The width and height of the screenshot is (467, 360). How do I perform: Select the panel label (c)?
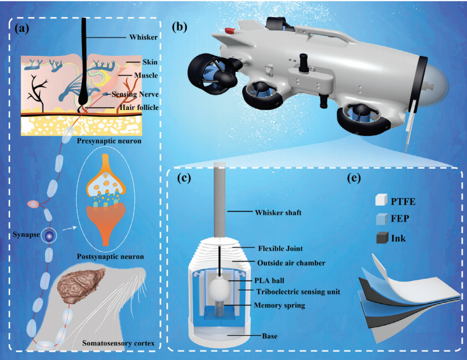(x=185, y=177)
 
